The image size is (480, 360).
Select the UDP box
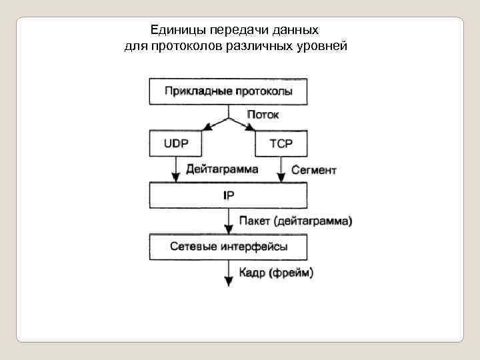pyautogui.click(x=177, y=143)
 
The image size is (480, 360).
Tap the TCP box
pyautogui.click(x=280, y=143)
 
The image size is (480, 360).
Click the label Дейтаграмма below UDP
pyautogui.click(x=222, y=169)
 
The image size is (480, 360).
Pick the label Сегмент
pyautogui.click(x=314, y=170)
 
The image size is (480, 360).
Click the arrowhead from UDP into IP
pyautogui.click(x=177, y=177)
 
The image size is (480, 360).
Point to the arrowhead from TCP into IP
pyautogui.click(x=280, y=177)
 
